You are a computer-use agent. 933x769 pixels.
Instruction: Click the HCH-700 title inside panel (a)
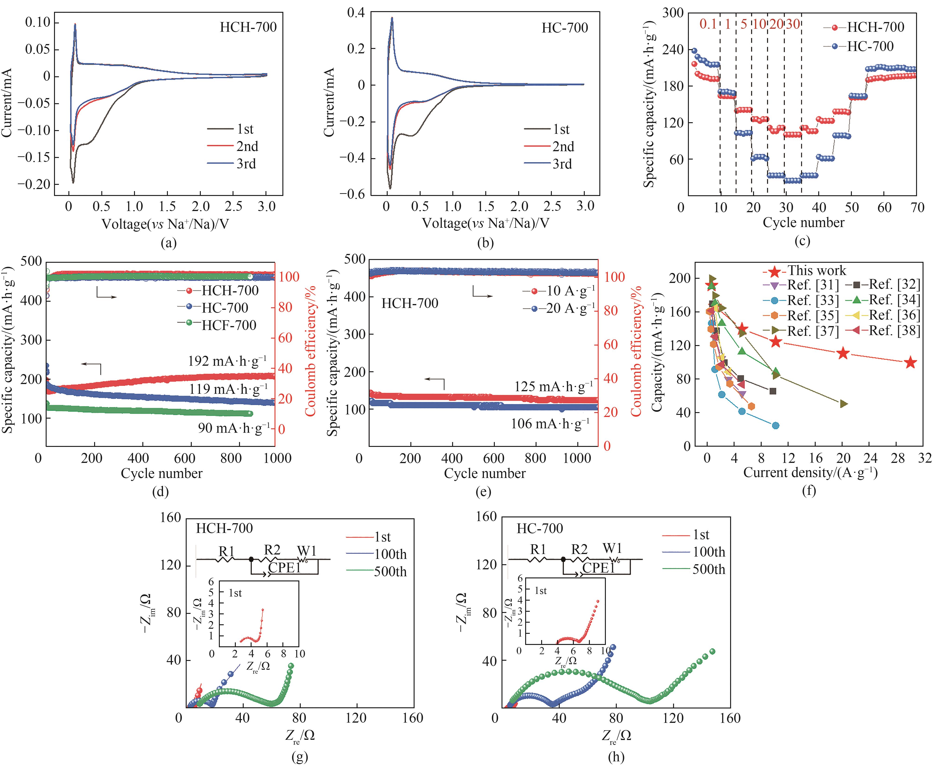point(248,27)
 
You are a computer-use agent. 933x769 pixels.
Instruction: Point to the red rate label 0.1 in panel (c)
point(708,24)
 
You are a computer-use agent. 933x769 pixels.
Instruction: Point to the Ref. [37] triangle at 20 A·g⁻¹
point(843,404)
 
